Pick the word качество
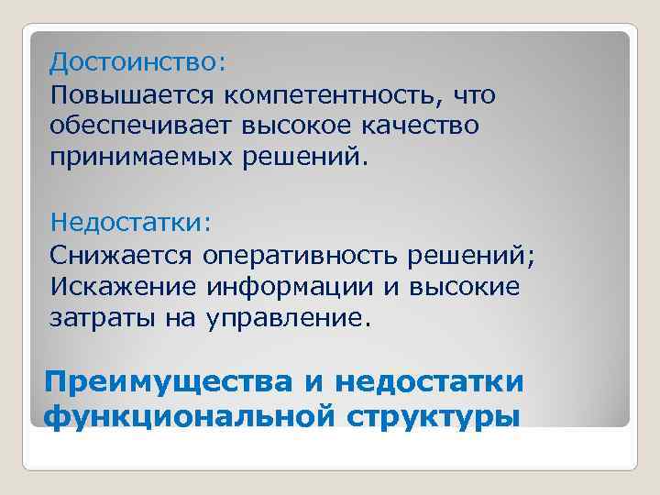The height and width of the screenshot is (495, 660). (x=426, y=126)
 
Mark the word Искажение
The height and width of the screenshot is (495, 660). (x=123, y=287)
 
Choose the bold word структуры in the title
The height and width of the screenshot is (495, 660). (x=434, y=414)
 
